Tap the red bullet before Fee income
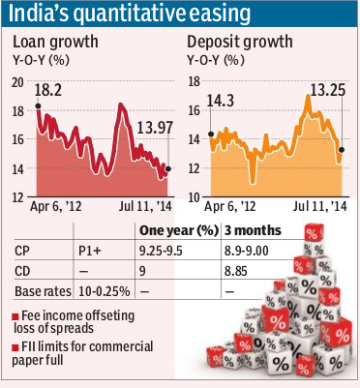point(18,315)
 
